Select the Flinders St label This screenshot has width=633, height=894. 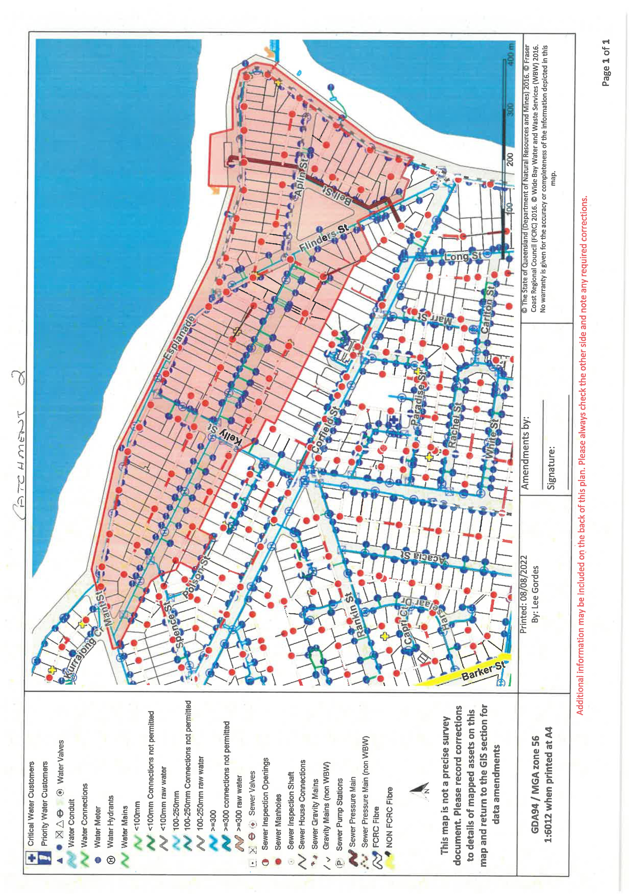coord(323,237)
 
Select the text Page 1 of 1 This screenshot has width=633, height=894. coord(605,62)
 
